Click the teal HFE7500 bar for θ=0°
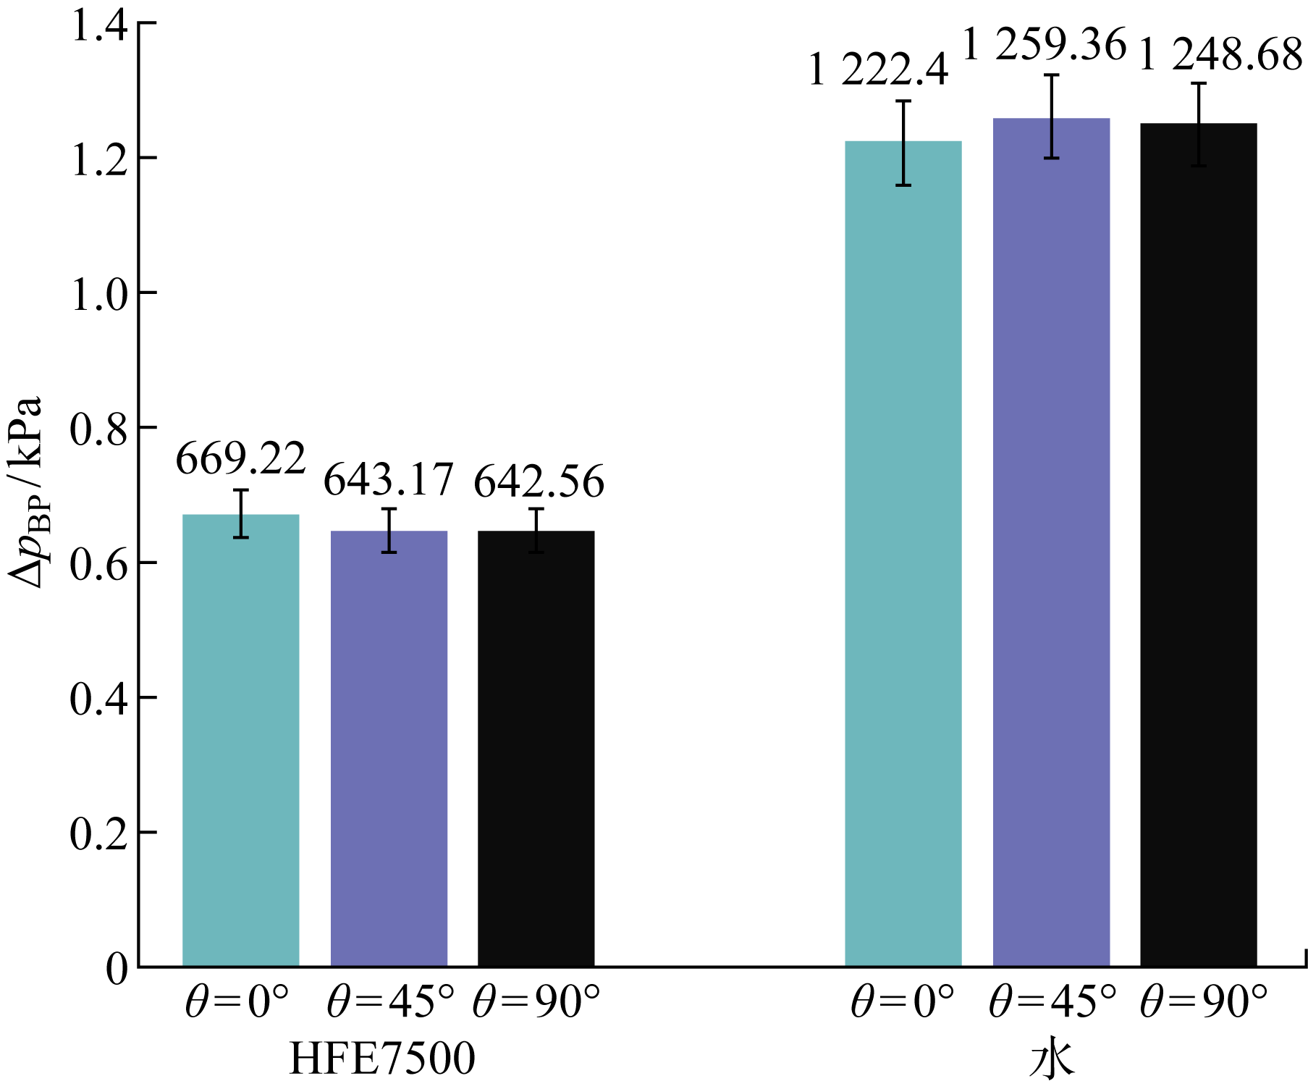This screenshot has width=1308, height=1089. pyautogui.click(x=240, y=739)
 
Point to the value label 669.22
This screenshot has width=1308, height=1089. pyautogui.click(x=240, y=459)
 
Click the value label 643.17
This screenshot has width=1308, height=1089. pyautogui.click(x=388, y=480)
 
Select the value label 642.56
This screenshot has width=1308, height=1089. pyautogui.click(x=539, y=482)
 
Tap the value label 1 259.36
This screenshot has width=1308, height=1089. pyautogui.click(x=1044, y=45)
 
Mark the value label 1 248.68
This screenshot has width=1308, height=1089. pyautogui.click(x=1220, y=55)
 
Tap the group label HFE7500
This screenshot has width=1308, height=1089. pyautogui.click(x=382, y=1059)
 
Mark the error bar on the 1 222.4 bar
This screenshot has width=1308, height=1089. pyautogui.click(x=903, y=143)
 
